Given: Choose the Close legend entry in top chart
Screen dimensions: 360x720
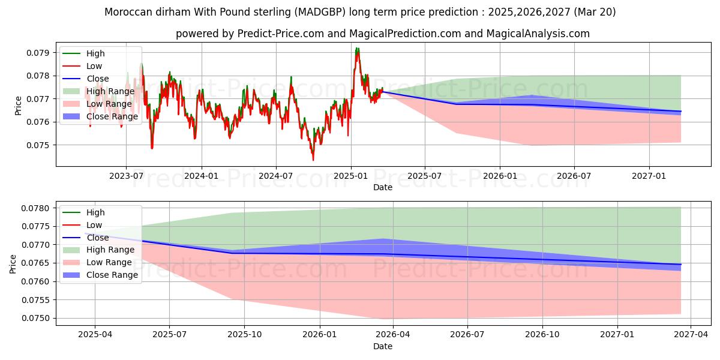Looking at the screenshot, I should pos(98,79).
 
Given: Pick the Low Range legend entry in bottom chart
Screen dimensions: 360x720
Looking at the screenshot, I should pos(109,262).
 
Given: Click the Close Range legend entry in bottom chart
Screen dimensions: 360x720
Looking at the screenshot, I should pos(112,275).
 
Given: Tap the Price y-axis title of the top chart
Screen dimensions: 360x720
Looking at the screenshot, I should pos(18,106).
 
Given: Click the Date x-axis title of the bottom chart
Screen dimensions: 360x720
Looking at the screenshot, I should pos(383,346).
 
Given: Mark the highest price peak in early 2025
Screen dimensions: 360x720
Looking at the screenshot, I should pos(357,48).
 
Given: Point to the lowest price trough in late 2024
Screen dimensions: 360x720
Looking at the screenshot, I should pos(313,160).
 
